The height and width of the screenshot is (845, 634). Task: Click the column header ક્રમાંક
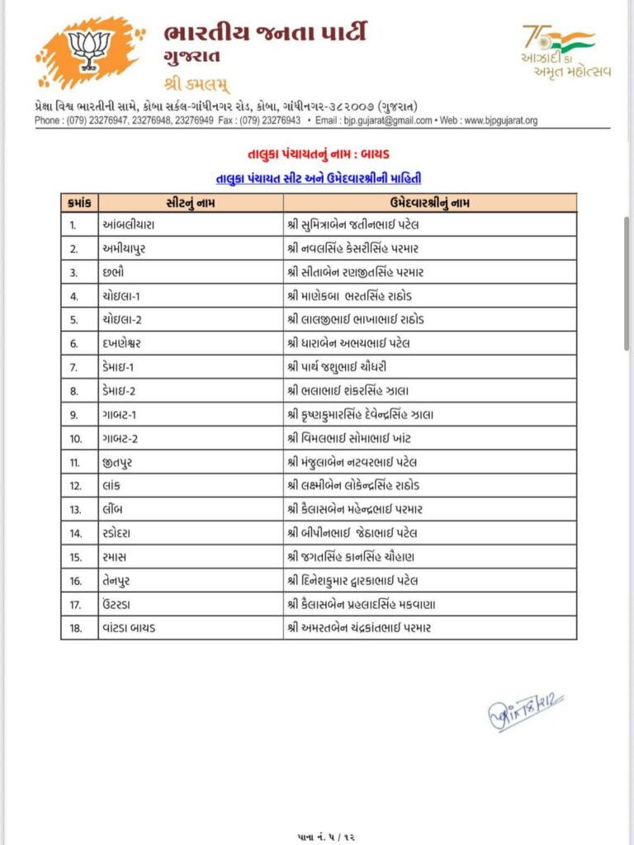coord(80,202)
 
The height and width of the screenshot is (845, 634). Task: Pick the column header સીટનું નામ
coord(191,202)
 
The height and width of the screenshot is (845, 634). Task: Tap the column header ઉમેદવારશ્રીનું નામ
coord(429,202)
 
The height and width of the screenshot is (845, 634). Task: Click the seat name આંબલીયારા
coord(130,224)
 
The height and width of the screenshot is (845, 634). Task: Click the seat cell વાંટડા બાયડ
coord(133,628)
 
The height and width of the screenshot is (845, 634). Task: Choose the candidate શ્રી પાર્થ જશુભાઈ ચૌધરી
coord(349,366)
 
